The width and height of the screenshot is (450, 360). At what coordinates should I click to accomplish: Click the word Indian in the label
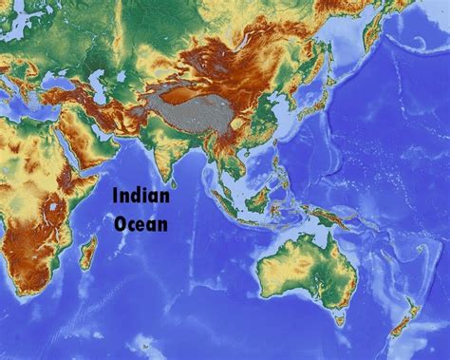tap(141, 197)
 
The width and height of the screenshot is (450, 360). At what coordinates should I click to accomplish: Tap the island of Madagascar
tap(88, 253)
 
